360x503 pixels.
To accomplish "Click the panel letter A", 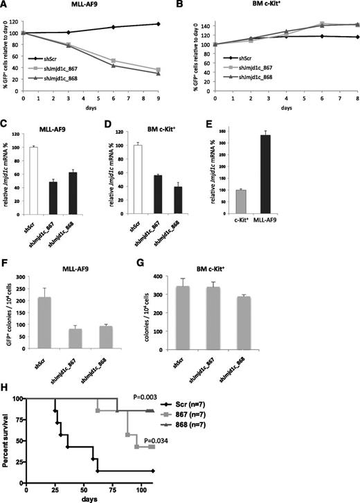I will tap(6, 6).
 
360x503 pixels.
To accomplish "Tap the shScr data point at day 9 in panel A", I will tap(159, 24).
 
